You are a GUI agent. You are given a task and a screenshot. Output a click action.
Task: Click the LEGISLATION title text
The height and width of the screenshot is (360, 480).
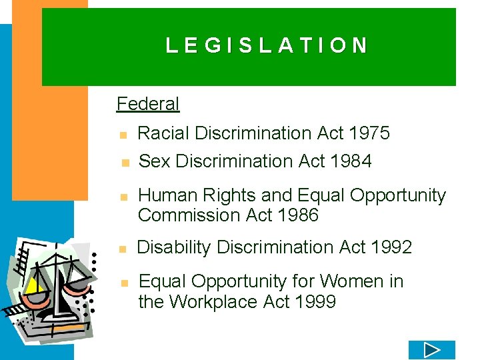[267, 45]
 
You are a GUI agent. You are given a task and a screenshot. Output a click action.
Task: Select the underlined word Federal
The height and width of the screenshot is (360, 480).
[148, 104]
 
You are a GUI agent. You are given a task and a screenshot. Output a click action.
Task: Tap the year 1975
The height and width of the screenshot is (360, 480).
[369, 133]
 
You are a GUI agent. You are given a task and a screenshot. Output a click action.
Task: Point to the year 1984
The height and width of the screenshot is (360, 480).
[351, 161]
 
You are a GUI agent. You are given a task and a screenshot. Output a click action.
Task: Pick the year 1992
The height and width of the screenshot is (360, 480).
[391, 247]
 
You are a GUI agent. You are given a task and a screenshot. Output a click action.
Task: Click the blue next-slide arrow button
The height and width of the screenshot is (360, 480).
[431, 350]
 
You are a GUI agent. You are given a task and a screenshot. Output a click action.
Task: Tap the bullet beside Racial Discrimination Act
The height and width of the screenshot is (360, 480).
[123, 135]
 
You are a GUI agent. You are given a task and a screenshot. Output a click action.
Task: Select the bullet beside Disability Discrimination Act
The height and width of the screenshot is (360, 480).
[123, 249]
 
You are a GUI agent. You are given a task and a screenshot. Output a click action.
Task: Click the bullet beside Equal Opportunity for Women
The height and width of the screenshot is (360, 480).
[123, 283]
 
